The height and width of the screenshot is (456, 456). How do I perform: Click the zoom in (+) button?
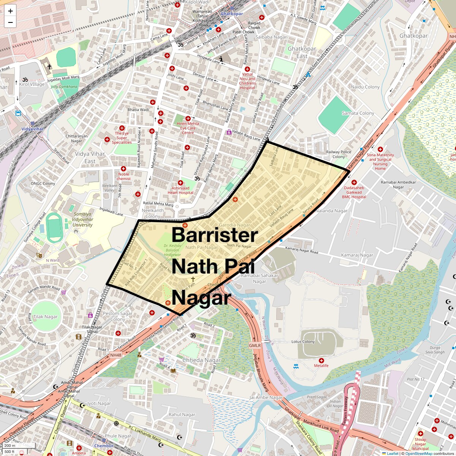[x=10, y=11]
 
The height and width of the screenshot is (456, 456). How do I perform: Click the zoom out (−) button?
[x=10, y=22]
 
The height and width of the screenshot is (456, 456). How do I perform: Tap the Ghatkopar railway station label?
[x=231, y=14]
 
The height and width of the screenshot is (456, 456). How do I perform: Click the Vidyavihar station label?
[x=32, y=129]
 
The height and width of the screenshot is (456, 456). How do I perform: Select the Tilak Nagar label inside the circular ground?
[x=46, y=317]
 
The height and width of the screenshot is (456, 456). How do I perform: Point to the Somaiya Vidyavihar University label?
[x=83, y=220]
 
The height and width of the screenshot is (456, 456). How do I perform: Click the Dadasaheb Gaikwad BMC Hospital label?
[x=354, y=192]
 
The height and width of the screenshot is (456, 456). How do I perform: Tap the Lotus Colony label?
[x=303, y=341]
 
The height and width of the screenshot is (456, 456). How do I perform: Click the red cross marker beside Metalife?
[x=321, y=360]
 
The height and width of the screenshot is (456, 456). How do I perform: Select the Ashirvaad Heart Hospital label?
[x=180, y=190]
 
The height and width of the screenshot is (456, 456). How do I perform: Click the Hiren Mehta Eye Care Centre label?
[x=188, y=128]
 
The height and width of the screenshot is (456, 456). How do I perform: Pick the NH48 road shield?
[x=116, y=355]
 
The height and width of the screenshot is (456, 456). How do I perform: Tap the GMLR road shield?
[x=255, y=345]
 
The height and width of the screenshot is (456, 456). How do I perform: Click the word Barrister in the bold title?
[x=215, y=235]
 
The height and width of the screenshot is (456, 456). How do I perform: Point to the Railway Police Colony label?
[x=339, y=154]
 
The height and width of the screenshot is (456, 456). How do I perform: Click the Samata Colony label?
[x=358, y=113]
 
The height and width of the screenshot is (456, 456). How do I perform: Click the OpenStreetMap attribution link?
[x=418, y=453]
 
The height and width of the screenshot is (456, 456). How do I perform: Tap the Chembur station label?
[x=104, y=446]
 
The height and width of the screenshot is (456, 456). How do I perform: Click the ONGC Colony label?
[x=43, y=184]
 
